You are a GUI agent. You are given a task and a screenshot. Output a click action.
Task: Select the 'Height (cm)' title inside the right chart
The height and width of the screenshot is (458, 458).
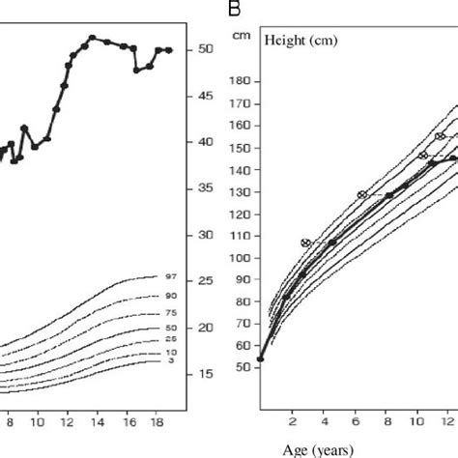coord(289,43)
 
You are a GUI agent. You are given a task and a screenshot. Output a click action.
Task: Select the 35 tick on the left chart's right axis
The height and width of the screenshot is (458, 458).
coord(206,188)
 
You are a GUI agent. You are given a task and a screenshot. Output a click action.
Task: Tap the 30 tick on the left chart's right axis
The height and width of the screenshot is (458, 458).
coord(206,235)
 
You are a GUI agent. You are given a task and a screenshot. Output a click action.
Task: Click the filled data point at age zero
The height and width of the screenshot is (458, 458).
coord(260,359)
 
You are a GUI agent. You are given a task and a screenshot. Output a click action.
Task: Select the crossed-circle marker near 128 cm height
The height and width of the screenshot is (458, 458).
coord(361,195)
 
